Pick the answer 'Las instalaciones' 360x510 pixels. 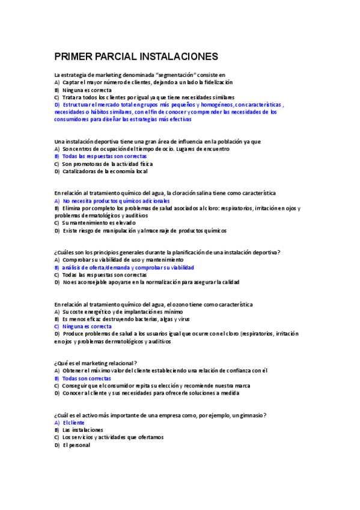82,430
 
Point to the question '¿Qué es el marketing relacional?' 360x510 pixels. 96,363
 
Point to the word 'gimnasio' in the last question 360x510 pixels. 252,416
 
